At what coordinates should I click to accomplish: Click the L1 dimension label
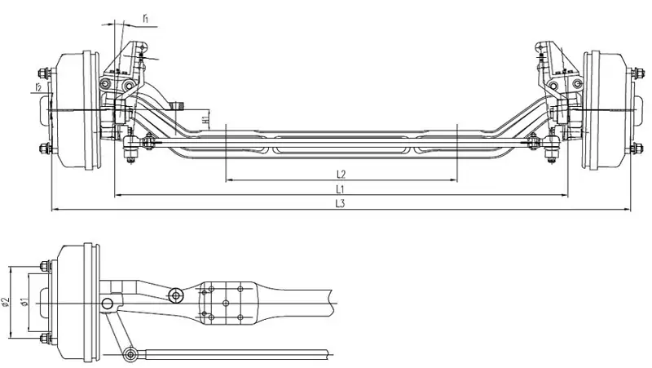(340, 188)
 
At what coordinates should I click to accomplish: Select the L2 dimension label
(341, 173)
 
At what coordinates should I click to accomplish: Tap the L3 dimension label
(341, 204)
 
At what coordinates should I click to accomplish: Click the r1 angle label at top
(143, 16)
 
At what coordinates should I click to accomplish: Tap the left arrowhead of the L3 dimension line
(53, 211)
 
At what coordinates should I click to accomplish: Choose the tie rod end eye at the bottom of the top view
(130, 353)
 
